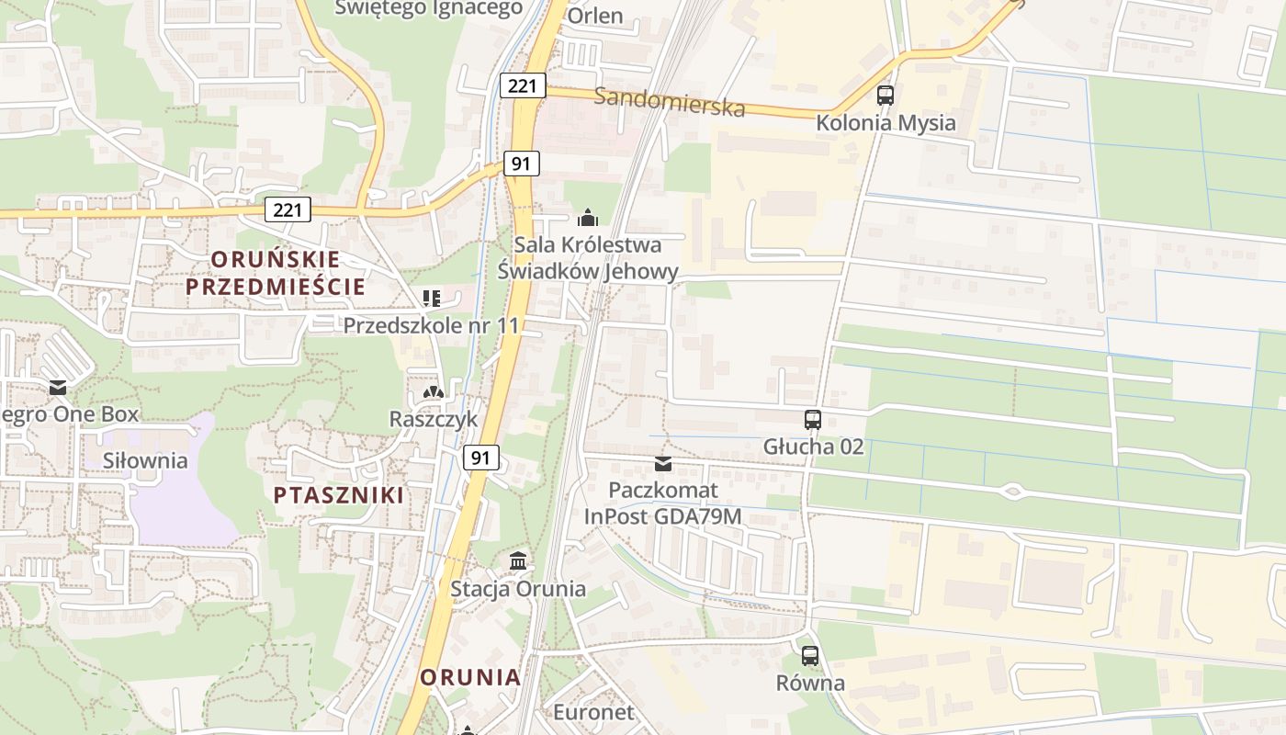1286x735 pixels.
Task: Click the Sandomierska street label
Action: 669,101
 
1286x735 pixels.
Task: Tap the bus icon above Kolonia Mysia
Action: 886,95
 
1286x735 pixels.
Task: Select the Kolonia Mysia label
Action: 886,123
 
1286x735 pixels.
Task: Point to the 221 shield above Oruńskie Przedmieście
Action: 288,209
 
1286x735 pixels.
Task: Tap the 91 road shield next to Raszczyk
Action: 481,457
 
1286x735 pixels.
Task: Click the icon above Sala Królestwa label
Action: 587,218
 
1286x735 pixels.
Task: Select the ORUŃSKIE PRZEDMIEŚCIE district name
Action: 276,273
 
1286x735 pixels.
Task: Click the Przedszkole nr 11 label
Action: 431,325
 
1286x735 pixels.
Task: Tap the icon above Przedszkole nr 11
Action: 431,298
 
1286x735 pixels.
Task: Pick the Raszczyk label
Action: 434,419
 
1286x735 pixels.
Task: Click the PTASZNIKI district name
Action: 338,495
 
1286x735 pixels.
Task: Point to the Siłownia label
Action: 145,460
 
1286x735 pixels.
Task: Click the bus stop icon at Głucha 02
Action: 813,420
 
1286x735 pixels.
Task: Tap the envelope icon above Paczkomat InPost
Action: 663,463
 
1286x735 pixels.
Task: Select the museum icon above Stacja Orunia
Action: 518,560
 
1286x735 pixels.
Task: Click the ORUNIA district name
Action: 470,678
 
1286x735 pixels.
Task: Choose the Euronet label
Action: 593,712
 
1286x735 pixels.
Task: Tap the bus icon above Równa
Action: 809,656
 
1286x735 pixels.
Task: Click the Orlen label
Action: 595,16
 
